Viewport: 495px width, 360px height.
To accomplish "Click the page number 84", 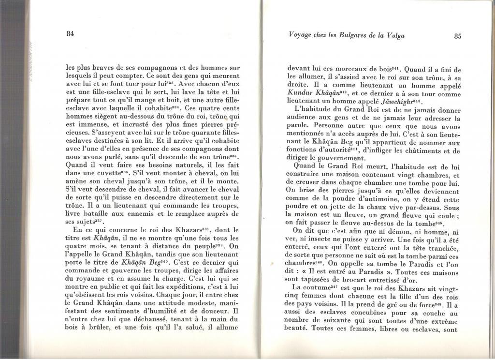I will (70, 33).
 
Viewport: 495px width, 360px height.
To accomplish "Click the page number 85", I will (458, 35).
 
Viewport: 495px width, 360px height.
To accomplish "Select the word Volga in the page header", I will (394, 35).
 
